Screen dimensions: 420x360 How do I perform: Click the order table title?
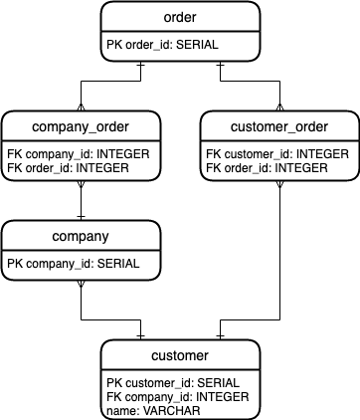pos(180,18)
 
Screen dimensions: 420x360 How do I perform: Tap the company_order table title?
pos(81,126)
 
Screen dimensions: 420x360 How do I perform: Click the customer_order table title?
pos(279,126)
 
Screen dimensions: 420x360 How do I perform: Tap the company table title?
pos(81,237)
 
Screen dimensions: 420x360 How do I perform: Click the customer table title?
pos(180,355)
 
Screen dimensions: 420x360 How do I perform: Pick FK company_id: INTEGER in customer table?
pos(165,395)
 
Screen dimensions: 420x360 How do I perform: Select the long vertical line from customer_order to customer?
pos(279,259)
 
